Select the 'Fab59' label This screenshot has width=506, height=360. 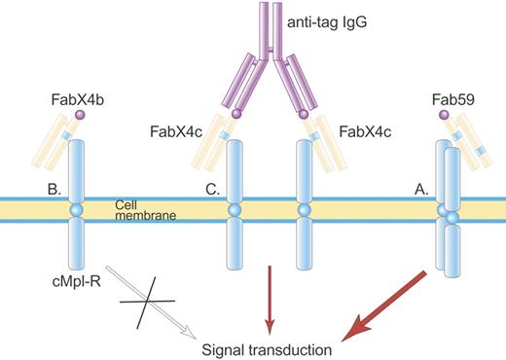coord(457,98)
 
